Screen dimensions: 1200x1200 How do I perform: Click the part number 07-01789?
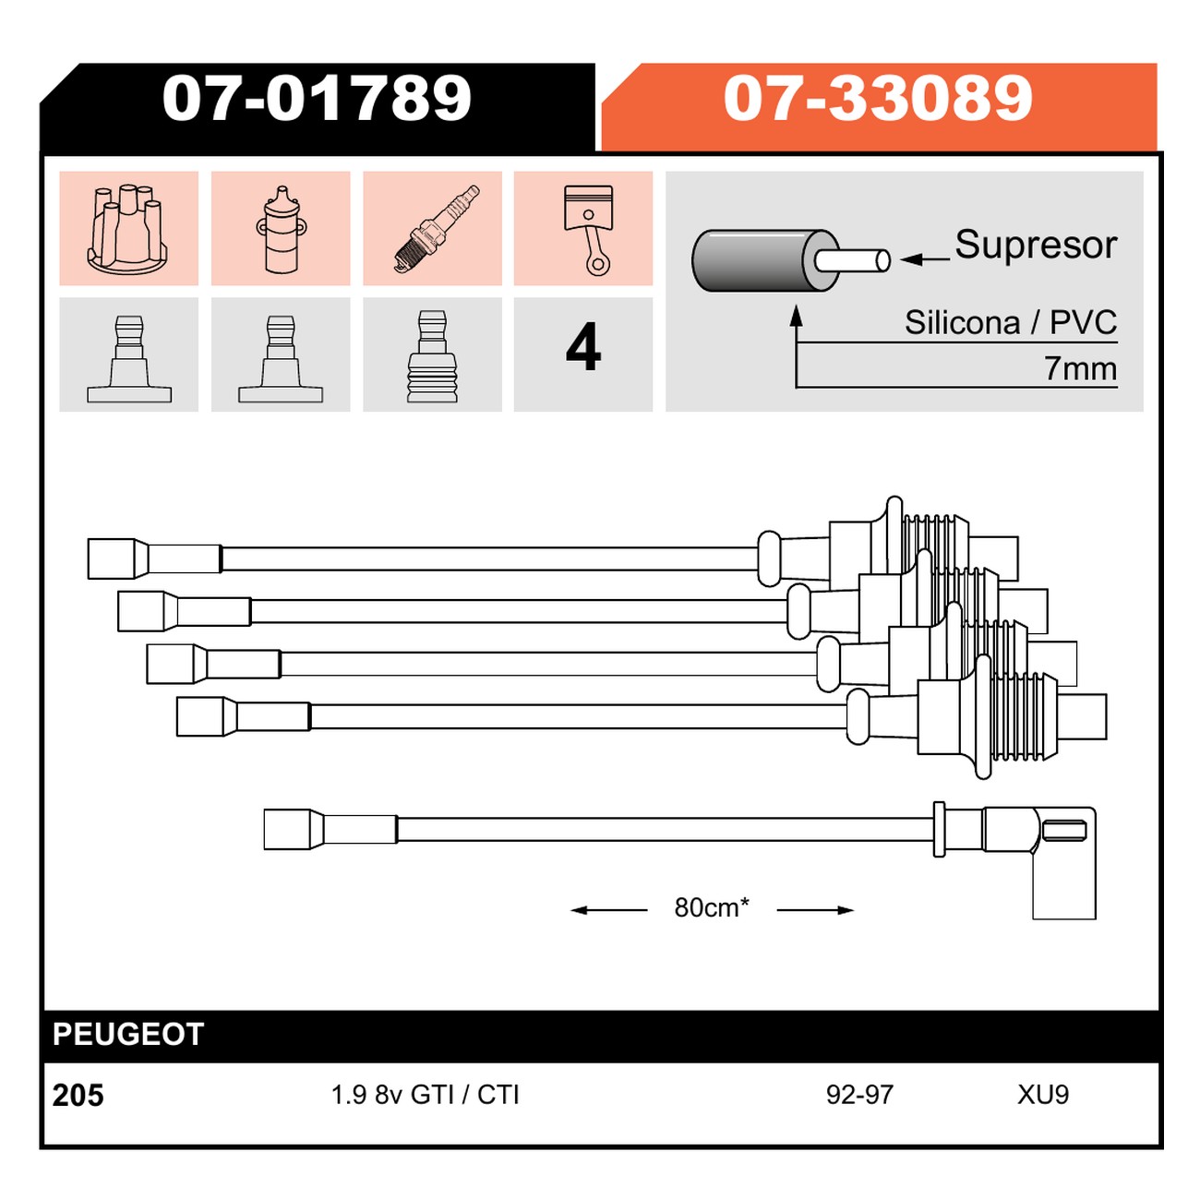[x=317, y=99]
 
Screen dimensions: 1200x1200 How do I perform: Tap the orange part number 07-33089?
[x=878, y=99]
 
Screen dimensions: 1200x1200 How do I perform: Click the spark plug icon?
[x=438, y=228]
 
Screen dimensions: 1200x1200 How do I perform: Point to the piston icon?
[x=588, y=229]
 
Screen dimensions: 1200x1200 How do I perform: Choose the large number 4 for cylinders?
[x=583, y=346]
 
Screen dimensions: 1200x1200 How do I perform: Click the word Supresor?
[x=1036, y=245]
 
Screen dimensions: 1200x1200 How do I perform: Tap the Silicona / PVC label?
[x=1011, y=322]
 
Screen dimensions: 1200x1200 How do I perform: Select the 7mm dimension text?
[x=1080, y=368]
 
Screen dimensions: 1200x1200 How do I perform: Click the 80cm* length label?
[x=712, y=907]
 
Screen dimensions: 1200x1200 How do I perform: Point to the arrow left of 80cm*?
[x=608, y=910]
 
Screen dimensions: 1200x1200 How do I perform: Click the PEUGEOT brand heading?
[x=128, y=1035]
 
